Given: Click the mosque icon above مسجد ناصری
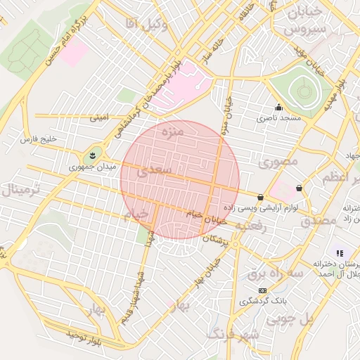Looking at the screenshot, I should click(278, 108).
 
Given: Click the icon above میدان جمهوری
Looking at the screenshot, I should click(92, 155).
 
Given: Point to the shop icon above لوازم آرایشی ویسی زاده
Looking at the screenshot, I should click(261, 198).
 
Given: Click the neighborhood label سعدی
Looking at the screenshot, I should click(154, 170).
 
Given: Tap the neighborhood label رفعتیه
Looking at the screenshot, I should click(251, 226).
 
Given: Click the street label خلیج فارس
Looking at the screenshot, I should click(38, 139).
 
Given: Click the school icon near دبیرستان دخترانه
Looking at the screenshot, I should click(340, 252).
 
